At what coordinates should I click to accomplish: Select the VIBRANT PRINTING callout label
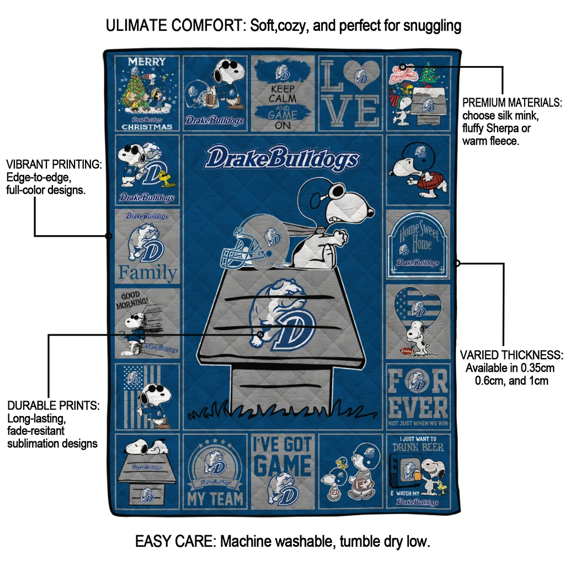click(x=54, y=164)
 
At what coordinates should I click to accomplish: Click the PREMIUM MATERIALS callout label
click(x=512, y=103)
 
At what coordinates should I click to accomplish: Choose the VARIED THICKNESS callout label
click(x=511, y=355)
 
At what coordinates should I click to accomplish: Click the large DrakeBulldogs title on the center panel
click(x=281, y=159)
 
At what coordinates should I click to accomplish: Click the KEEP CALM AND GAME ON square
click(x=282, y=94)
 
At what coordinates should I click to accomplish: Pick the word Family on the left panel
click(x=148, y=273)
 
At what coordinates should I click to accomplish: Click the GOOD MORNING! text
click(x=132, y=299)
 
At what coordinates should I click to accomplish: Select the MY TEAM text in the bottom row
click(x=215, y=498)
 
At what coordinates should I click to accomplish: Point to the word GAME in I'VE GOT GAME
click(x=282, y=465)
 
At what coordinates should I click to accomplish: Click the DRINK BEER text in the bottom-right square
click(x=418, y=446)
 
